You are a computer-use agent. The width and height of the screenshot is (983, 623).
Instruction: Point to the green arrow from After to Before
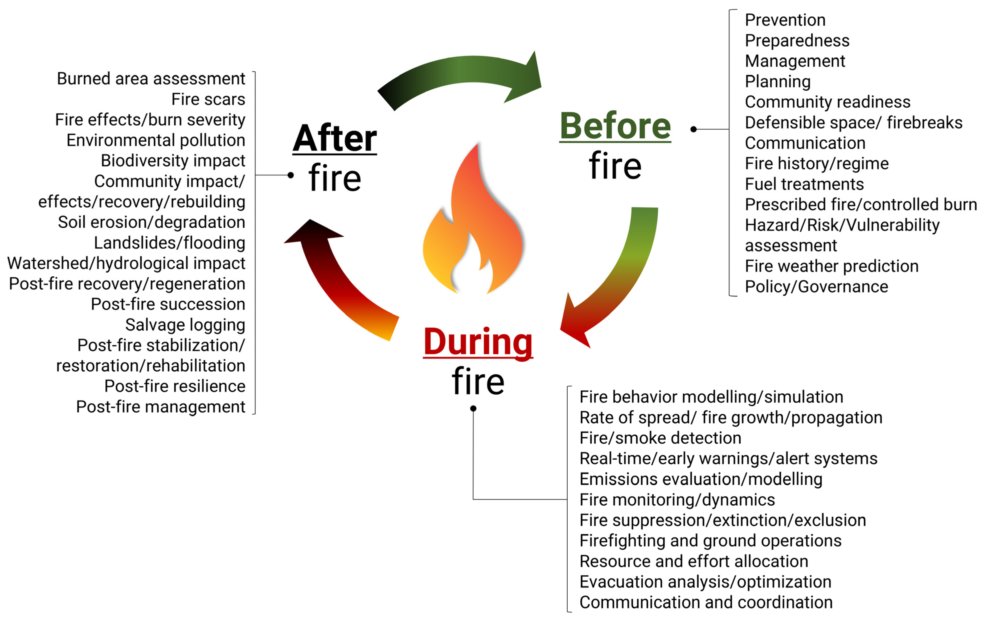(461, 76)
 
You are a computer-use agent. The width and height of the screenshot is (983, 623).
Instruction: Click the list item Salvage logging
(185, 325)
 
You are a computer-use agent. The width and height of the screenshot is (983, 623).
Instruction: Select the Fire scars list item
(208, 99)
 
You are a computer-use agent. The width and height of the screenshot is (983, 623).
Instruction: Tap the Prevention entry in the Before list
(785, 20)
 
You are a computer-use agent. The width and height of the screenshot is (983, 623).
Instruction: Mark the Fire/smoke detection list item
(660, 438)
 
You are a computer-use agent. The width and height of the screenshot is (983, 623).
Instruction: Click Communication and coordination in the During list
(706, 602)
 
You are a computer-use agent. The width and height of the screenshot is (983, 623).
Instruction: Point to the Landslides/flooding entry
(169, 243)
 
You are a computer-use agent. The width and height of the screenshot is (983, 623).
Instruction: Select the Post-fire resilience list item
(175, 386)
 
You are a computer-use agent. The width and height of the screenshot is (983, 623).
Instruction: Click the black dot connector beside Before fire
(693, 129)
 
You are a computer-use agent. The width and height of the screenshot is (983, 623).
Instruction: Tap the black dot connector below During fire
(473, 409)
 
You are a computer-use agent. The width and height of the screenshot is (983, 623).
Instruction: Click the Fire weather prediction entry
(831, 266)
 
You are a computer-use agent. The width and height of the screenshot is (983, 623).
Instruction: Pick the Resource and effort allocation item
(694, 561)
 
